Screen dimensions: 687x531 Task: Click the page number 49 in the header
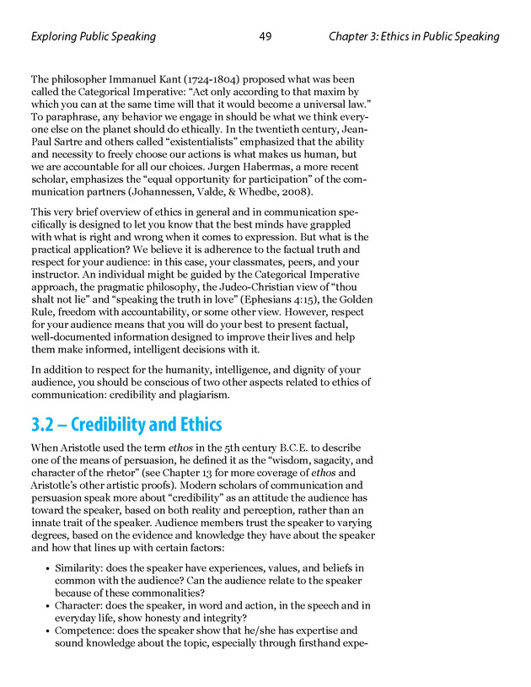(x=265, y=37)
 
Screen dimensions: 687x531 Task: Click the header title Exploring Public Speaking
(x=93, y=37)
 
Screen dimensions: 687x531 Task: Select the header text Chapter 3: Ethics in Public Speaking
(x=414, y=37)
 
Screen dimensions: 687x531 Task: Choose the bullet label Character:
(x=80, y=605)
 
